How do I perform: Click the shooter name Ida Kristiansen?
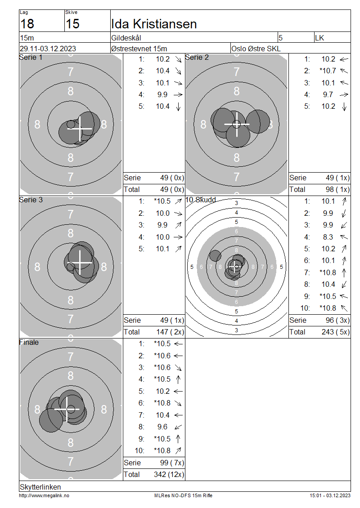154,24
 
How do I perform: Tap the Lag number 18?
27,24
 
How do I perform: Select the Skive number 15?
72,24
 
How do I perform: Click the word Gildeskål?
126,38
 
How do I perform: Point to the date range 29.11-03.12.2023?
48,49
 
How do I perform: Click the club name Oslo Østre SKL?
256,49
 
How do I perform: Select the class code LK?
319,38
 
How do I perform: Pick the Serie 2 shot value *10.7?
328,71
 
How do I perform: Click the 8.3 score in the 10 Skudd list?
328,237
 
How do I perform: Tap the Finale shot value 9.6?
162,427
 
